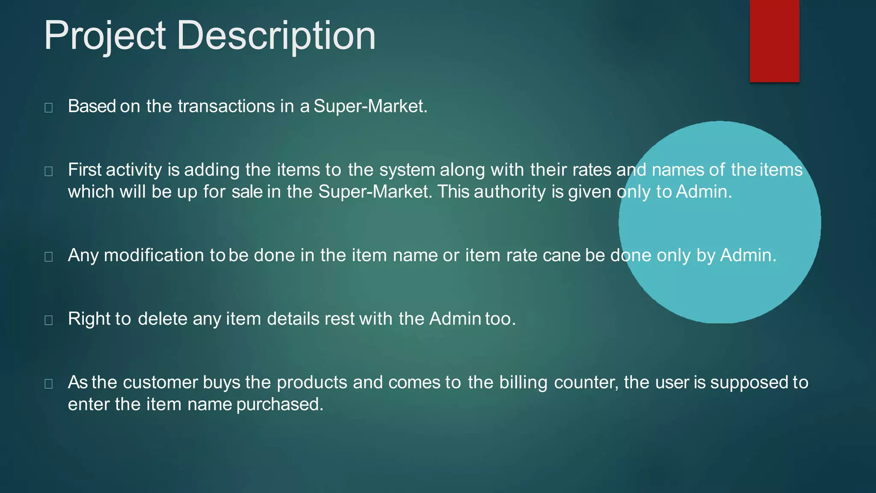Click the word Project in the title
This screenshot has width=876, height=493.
(105, 36)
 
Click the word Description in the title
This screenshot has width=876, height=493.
(276, 36)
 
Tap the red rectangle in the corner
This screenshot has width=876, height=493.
(774, 41)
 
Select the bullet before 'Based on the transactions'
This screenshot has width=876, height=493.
(49, 107)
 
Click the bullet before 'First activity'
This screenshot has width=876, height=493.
(49, 171)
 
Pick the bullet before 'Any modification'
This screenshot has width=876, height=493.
(49, 256)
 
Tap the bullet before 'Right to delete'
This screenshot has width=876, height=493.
(49, 320)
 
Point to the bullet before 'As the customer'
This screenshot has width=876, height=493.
(49, 383)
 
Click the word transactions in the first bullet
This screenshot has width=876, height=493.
(226, 106)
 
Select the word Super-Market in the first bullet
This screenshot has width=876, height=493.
(370, 106)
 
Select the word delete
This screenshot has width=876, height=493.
(163, 319)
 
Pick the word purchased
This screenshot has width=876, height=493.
(280, 404)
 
